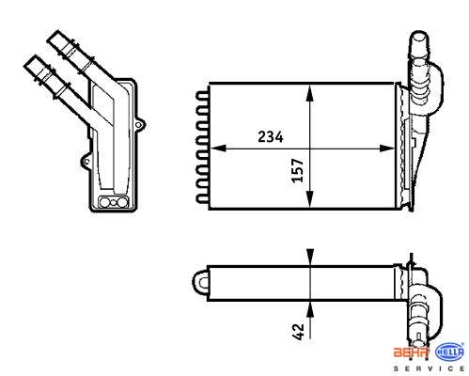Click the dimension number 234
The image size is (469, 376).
tap(271, 137)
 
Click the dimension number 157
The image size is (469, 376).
tap(298, 170)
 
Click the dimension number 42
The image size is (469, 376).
tap(298, 332)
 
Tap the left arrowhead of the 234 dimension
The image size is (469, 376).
tap(218, 149)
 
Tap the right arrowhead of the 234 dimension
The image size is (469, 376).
tap(386, 149)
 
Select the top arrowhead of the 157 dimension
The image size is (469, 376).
tap(309, 93)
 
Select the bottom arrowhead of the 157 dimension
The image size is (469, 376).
tap(309, 199)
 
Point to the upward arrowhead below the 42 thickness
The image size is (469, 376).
tap(309, 309)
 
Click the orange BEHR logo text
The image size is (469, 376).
tap(412, 352)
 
